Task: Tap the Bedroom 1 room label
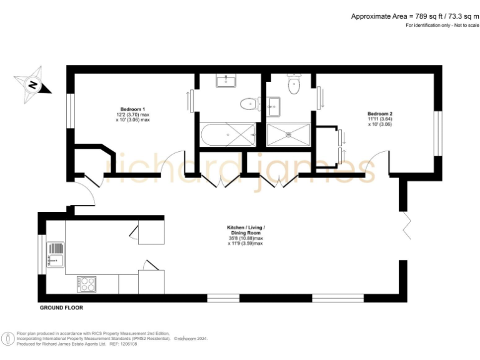132,109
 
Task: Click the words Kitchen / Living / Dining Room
245,230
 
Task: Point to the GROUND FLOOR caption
61,307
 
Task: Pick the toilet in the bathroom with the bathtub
250,104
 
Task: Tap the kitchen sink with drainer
54,255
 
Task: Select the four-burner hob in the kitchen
86,284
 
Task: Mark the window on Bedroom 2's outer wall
437,132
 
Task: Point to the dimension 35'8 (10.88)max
246,238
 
